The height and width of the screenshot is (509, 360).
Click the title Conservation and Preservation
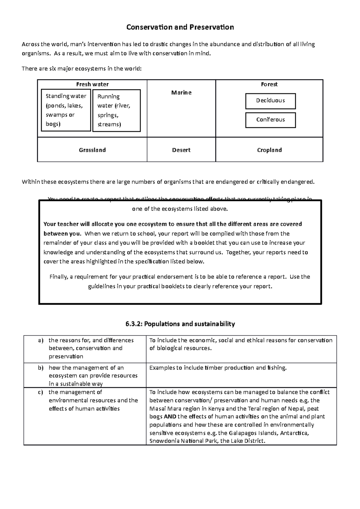pyautogui.click(x=180, y=27)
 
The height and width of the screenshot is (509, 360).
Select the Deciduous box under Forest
pyautogui.click(x=270, y=101)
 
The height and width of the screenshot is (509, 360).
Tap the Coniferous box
pyautogui.click(x=270, y=120)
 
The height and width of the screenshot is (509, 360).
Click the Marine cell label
pyautogui.click(x=181, y=93)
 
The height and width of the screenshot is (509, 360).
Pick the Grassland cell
pyautogui.click(x=92, y=150)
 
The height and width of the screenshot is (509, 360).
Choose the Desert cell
pyautogui.click(x=181, y=150)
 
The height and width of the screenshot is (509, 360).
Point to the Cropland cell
pyautogui.click(x=269, y=150)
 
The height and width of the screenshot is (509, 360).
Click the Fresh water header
pyautogui.click(x=92, y=85)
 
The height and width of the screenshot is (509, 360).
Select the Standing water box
pyautogui.click(x=66, y=110)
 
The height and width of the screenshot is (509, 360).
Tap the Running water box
pyautogui.click(x=116, y=110)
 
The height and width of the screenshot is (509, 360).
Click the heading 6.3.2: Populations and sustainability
pyautogui.click(x=180, y=324)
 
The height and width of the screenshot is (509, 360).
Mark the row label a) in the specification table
pyautogui.click(x=40, y=340)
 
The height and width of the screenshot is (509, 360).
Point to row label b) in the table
pyautogui.click(x=40, y=368)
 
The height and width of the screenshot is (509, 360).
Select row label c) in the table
pyautogui.click(x=40, y=392)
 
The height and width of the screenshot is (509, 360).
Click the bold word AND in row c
pyautogui.click(x=170, y=417)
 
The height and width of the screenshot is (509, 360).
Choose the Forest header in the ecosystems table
pyautogui.click(x=269, y=85)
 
